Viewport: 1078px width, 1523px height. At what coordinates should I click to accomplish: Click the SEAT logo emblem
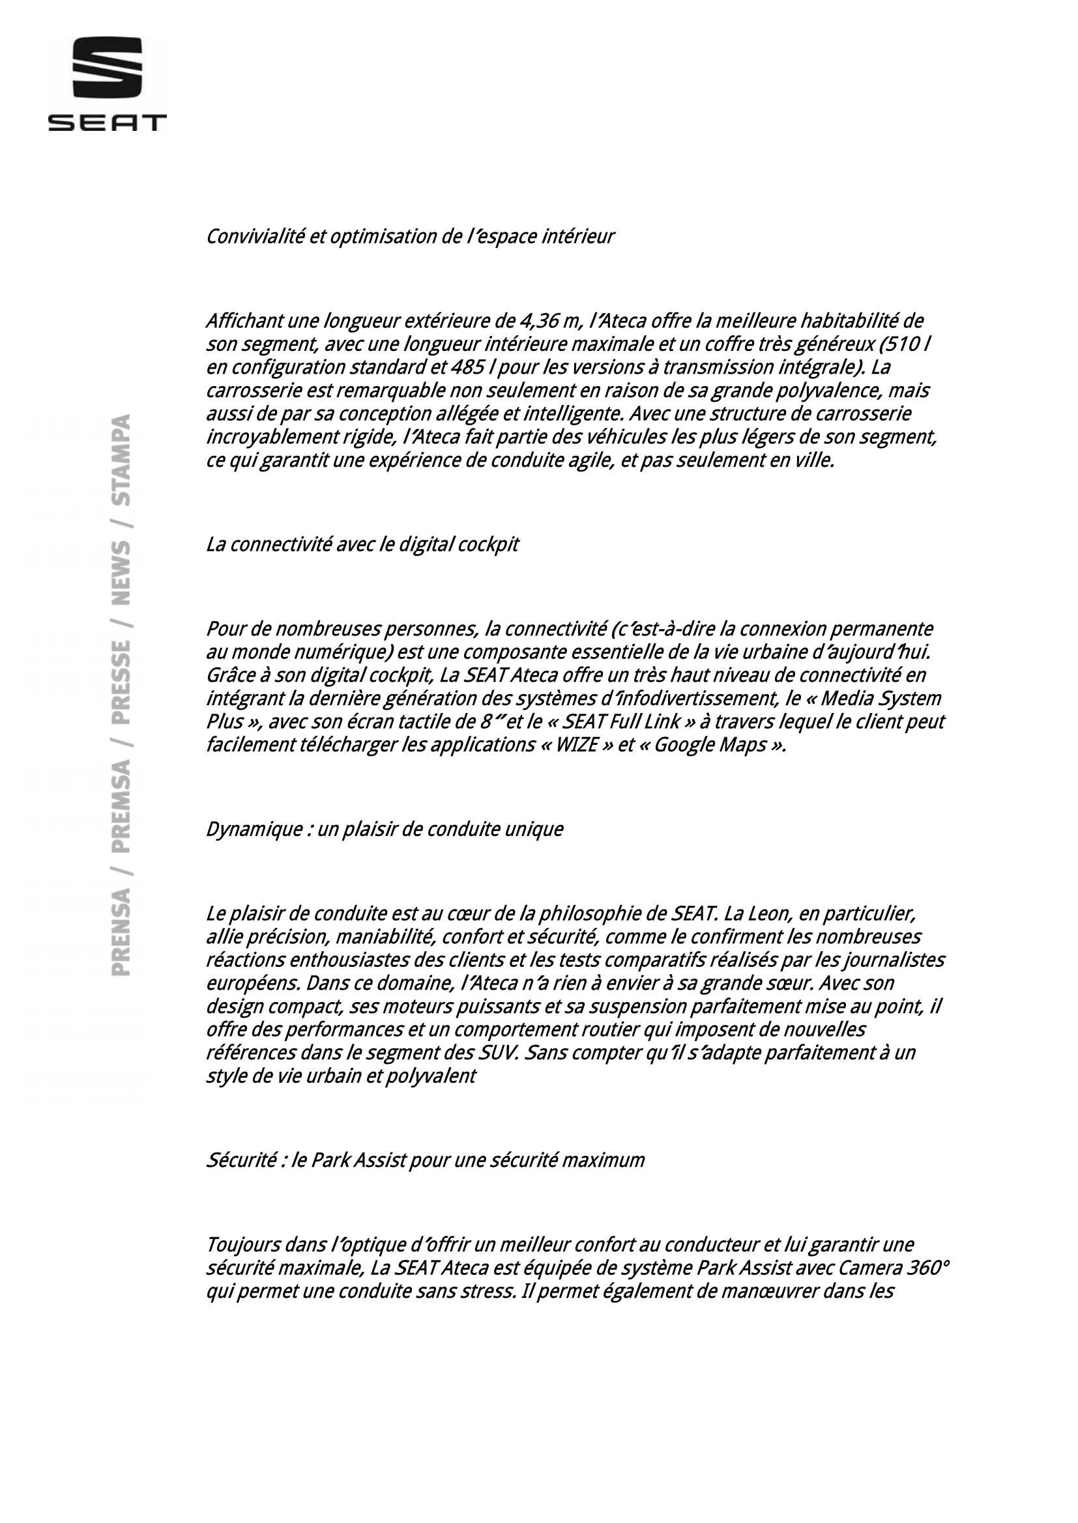click(x=108, y=67)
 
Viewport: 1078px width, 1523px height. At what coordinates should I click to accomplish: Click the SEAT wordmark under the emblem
click(x=108, y=122)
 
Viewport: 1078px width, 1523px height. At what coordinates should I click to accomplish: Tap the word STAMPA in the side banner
click(x=121, y=460)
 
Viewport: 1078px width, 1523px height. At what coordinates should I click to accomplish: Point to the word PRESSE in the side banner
click(x=121, y=682)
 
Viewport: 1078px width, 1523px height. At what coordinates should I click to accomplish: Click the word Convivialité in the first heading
click(x=254, y=237)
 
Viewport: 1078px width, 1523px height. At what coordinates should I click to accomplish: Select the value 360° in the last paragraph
click(x=928, y=1268)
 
